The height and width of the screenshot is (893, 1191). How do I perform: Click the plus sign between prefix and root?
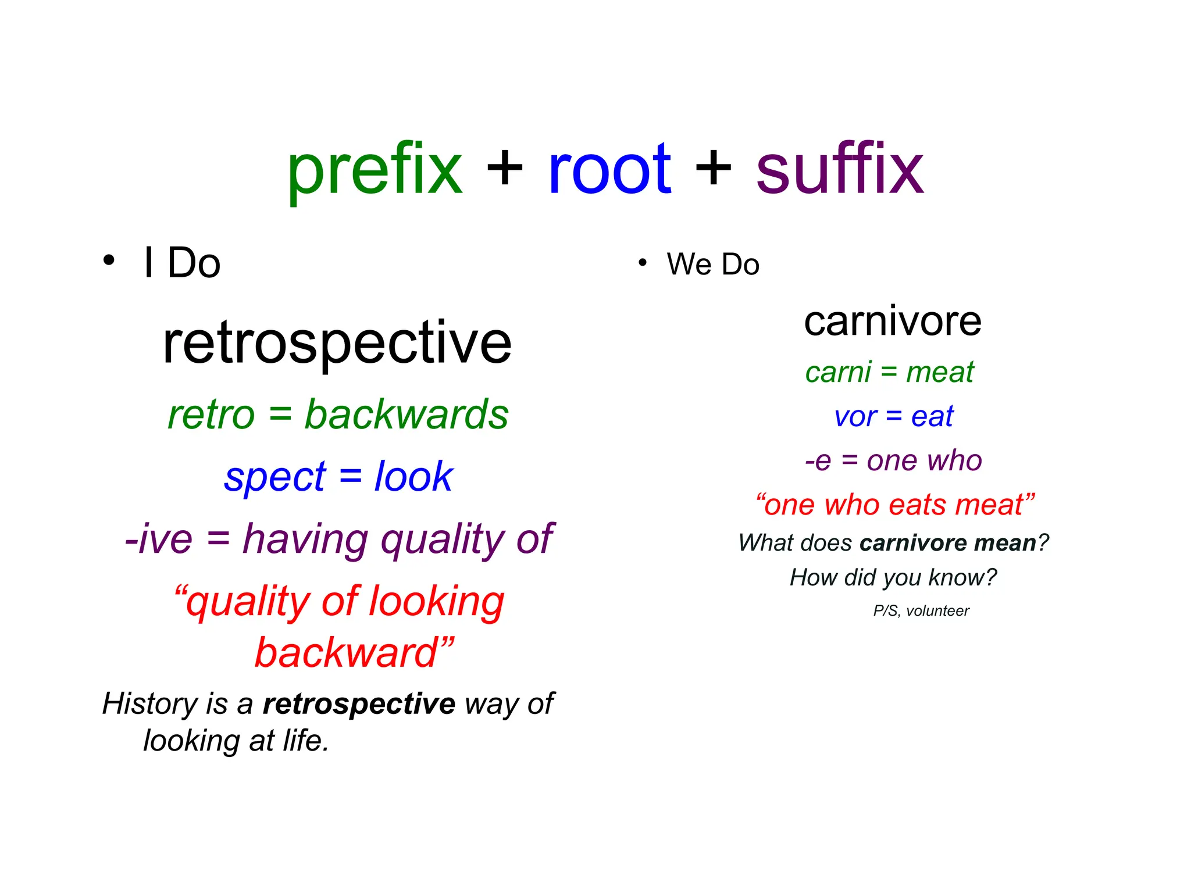point(505,169)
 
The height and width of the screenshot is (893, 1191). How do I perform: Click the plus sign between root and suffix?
point(714,169)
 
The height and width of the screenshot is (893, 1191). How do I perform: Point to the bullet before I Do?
point(109,260)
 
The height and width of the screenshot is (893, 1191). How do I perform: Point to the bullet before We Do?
point(642,263)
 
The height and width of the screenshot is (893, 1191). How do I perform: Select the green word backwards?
point(406,415)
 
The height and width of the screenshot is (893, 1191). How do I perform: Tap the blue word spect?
point(275,477)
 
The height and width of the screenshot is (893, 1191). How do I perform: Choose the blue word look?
point(413,476)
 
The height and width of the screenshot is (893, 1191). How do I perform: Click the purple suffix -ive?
point(159,539)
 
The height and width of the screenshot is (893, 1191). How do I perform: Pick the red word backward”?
point(354,652)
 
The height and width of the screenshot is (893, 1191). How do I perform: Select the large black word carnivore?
point(893,322)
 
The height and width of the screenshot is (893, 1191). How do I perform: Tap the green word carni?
point(838,372)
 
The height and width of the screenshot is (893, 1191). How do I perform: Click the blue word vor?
point(855,417)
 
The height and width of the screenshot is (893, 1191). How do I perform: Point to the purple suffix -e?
point(818,461)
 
